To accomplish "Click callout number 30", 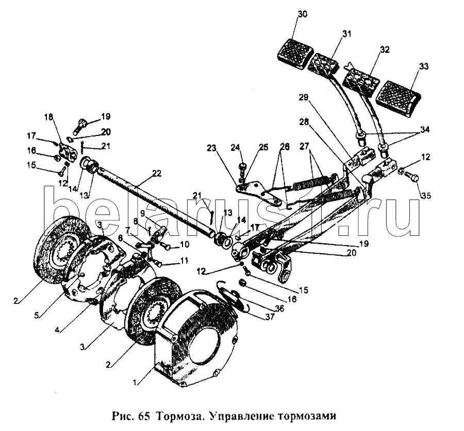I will tap(303, 14).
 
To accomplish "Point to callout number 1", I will tap(135, 382).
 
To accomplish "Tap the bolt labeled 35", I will tap(412, 177).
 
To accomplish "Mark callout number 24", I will tap(236, 147).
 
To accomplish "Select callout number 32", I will tap(384, 49).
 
